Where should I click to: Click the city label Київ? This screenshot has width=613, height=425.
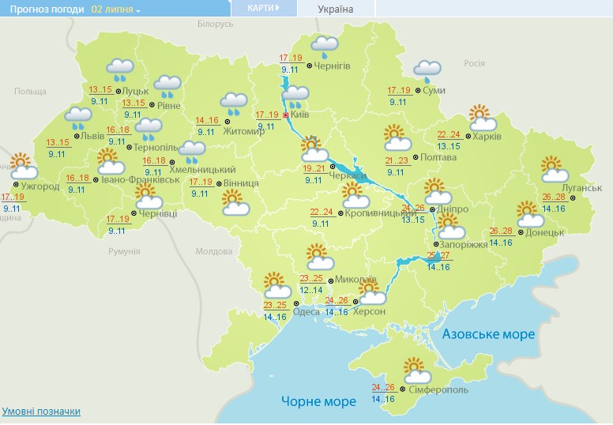click(300, 115)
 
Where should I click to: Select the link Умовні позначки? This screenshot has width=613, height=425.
click(41, 412)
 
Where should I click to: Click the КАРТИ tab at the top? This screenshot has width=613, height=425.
click(263, 8)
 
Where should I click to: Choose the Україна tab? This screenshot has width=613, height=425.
click(335, 9)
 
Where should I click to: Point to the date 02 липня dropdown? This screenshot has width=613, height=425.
click(115, 9)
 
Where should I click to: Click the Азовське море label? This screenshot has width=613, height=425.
click(488, 334)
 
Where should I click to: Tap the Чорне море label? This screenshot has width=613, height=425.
click(318, 401)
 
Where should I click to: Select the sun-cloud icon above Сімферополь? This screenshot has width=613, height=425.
click(416, 370)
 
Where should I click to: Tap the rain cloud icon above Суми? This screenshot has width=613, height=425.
click(427, 70)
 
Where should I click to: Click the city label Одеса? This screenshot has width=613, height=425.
click(306, 312)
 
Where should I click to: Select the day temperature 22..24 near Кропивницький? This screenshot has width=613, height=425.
click(322, 212)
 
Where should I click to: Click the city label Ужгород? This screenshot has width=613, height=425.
click(41, 187)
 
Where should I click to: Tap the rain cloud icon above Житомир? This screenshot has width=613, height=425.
click(233, 103)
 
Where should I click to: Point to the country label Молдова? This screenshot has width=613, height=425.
click(213, 251)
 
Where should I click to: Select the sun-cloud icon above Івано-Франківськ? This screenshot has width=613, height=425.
click(110, 160)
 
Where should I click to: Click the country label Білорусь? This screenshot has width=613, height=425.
click(216, 24)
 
